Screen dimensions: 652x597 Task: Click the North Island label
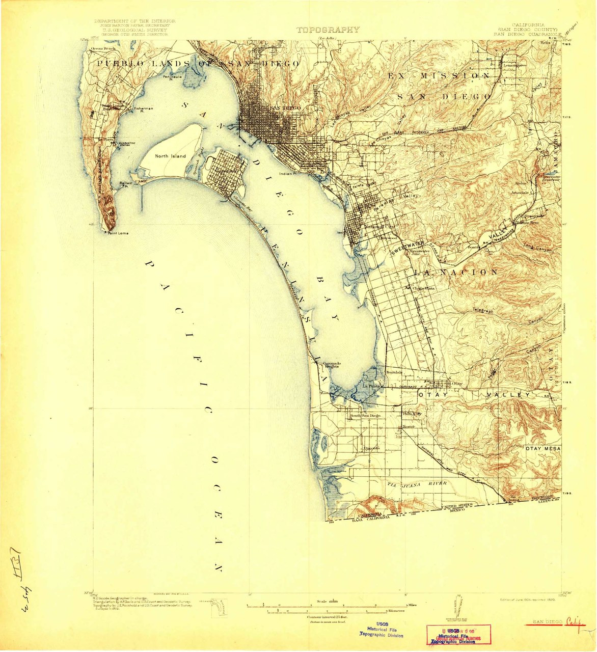click(171, 156)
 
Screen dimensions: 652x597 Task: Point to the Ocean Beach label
click(103, 48)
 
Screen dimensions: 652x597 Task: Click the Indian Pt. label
click(288, 174)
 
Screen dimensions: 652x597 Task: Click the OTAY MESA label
click(543, 448)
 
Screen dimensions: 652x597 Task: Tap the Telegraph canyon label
click(483, 310)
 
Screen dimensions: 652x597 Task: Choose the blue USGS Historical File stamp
click(382, 631)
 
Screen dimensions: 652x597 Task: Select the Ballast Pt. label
click(126, 183)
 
